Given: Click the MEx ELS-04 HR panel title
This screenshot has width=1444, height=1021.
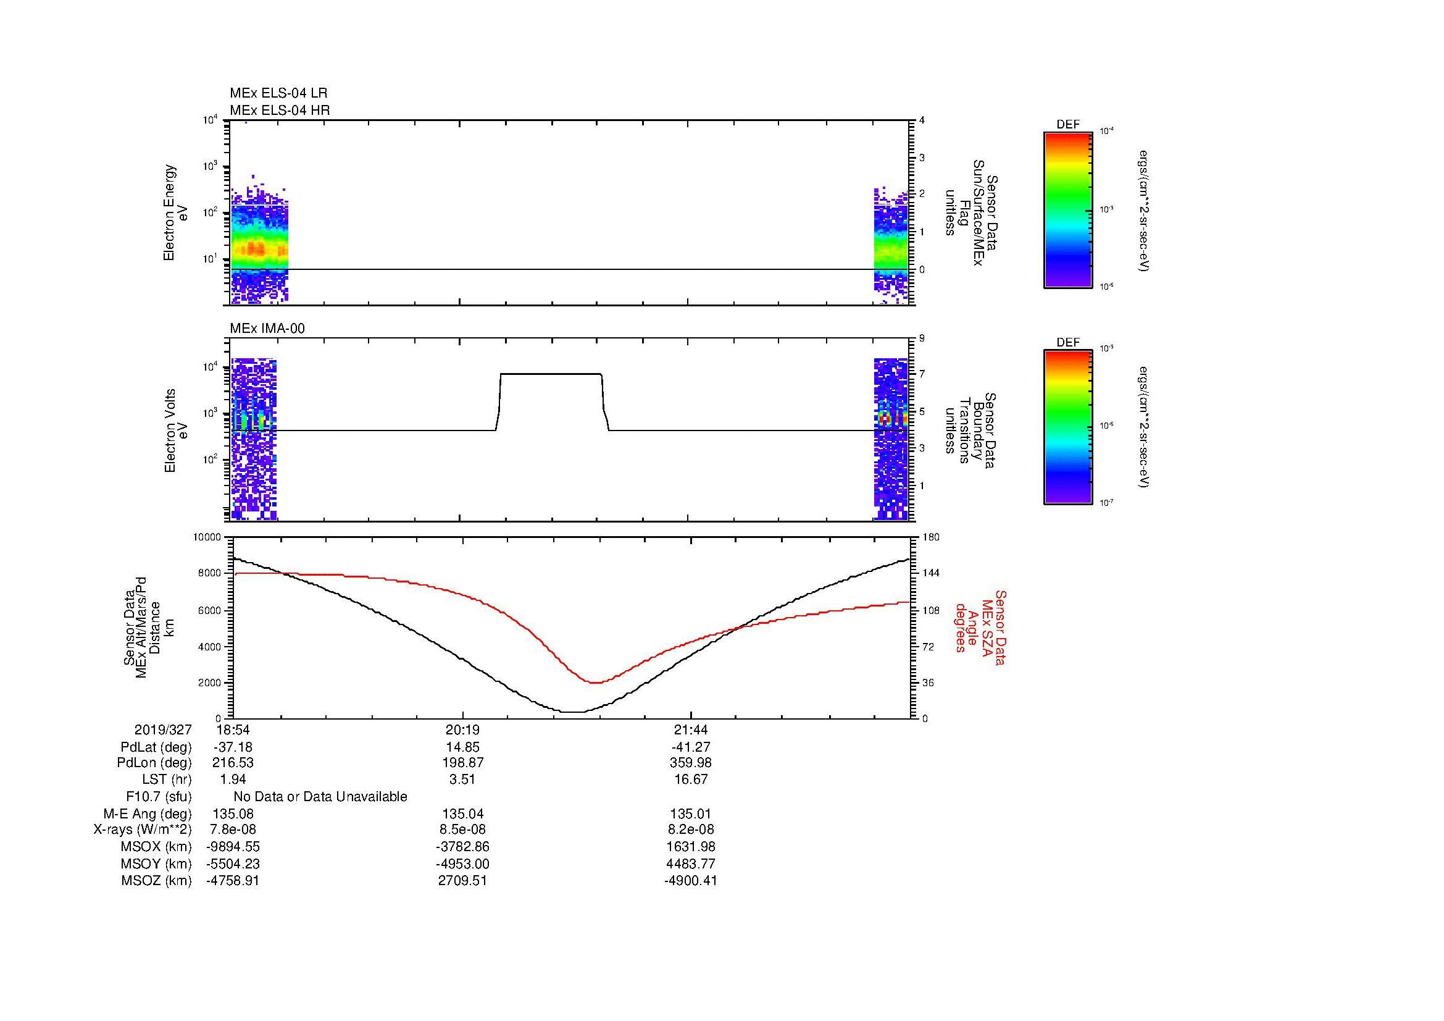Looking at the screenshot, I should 280,110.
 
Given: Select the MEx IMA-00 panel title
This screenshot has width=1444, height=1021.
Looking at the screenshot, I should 267,329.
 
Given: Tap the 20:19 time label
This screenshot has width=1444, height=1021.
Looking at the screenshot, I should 462,729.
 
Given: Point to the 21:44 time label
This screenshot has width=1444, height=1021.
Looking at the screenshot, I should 691,729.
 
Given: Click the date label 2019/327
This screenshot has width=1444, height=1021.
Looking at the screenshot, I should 163,729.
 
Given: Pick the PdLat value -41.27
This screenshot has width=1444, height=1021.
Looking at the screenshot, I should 691,747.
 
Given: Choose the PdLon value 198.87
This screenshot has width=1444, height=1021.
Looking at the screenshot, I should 462,763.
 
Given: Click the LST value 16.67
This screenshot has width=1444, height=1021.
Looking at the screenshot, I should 691,779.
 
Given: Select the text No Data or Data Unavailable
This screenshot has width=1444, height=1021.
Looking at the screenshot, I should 320,796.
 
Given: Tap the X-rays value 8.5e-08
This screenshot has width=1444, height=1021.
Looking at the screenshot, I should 462,830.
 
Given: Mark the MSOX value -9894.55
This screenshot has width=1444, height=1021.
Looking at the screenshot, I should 233,847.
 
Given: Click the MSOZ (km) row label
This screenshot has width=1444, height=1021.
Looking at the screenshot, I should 156,881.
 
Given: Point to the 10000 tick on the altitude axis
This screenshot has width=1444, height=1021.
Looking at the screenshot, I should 207,537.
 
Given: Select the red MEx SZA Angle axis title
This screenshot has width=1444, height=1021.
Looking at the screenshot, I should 980,627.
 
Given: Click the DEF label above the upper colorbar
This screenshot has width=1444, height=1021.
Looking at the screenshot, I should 1067,125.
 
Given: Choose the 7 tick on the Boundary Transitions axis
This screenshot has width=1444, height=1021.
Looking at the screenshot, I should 922,374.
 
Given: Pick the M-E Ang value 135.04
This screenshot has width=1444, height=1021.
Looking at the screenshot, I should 462,813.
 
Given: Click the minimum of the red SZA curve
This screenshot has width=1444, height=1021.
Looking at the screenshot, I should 595,683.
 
